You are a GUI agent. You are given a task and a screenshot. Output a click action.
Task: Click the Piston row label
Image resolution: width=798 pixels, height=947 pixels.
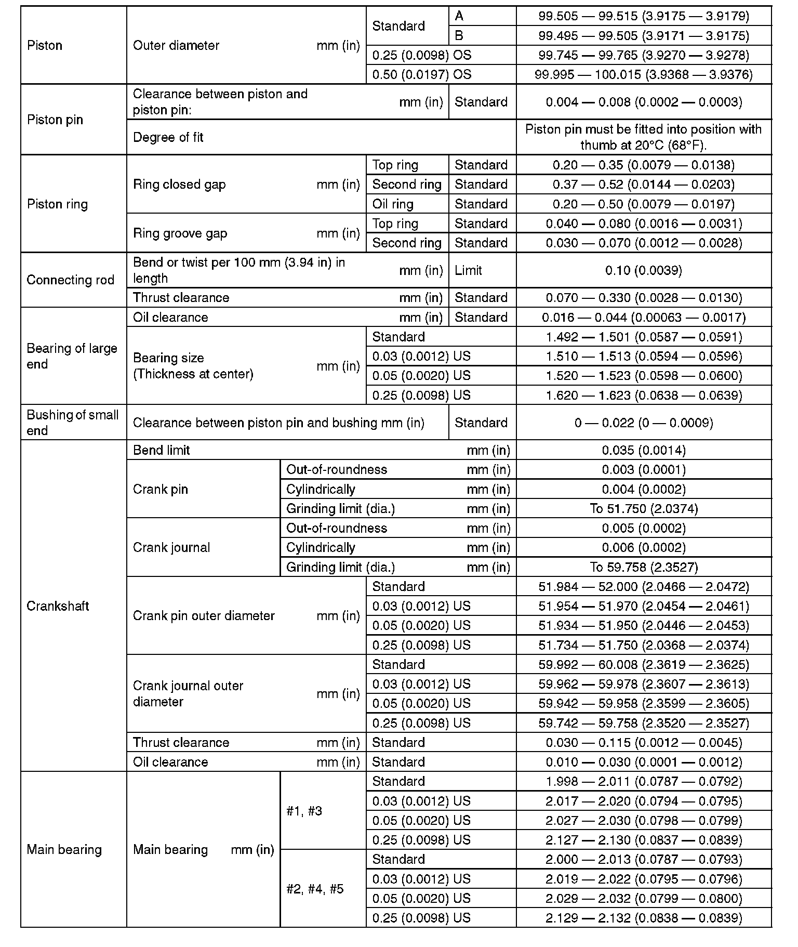pos(45,45)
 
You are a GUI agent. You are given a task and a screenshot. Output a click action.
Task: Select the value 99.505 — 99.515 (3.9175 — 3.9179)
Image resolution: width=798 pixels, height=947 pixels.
pos(644,16)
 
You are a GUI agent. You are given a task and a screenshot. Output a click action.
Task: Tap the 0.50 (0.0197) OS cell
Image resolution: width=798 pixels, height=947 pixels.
pos(422,74)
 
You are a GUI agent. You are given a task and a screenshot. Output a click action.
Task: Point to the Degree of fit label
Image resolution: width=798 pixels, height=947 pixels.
pos(168,137)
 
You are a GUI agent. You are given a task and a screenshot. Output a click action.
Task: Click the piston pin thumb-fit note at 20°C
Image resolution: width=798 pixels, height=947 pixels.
pos(644,137)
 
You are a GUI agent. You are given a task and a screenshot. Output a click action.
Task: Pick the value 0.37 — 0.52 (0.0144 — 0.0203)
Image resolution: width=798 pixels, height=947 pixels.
pos(644,184)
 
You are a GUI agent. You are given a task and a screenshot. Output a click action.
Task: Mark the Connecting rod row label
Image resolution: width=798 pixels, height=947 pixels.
pos(70,280)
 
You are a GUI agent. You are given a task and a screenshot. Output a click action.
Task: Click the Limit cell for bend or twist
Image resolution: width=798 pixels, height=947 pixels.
pos(468,270)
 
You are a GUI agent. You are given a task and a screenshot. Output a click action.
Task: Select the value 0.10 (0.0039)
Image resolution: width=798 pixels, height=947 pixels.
pos(644,270)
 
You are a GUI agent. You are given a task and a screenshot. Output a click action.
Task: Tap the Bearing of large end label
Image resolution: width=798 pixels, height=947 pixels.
pos(72,356)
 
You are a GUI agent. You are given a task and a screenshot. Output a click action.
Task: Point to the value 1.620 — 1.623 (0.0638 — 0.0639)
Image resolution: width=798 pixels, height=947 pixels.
pos(644,395)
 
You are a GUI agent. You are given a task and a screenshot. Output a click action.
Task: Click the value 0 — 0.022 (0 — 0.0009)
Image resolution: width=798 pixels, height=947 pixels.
pos(644,423)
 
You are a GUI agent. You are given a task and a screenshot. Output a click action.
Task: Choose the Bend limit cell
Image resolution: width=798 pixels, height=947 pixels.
pos(162,450)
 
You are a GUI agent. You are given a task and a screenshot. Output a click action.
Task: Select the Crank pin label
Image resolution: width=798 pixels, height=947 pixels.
pos(161,489)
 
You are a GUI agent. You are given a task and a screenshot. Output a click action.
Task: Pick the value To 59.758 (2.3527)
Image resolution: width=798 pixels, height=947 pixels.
pos(644,567)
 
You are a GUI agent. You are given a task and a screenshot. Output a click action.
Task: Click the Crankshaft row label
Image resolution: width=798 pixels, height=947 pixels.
pos(58,606)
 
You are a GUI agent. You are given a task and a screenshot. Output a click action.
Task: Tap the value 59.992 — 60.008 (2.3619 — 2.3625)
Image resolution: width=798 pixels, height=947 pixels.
pos(644,664)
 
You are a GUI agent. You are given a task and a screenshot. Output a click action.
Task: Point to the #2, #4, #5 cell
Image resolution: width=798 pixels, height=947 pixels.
pos(315,889)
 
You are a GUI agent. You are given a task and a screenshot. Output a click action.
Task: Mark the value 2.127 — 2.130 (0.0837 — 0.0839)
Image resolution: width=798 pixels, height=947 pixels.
pos(644,840)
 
